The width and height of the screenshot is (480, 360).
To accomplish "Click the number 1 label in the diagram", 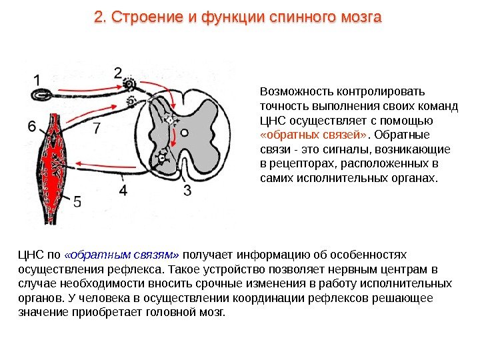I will (37, 79).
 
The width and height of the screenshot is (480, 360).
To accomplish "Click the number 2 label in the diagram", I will (118, 72).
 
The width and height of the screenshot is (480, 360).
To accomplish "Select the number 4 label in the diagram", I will (123, 191).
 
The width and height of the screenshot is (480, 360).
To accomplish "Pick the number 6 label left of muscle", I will (32, 125).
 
